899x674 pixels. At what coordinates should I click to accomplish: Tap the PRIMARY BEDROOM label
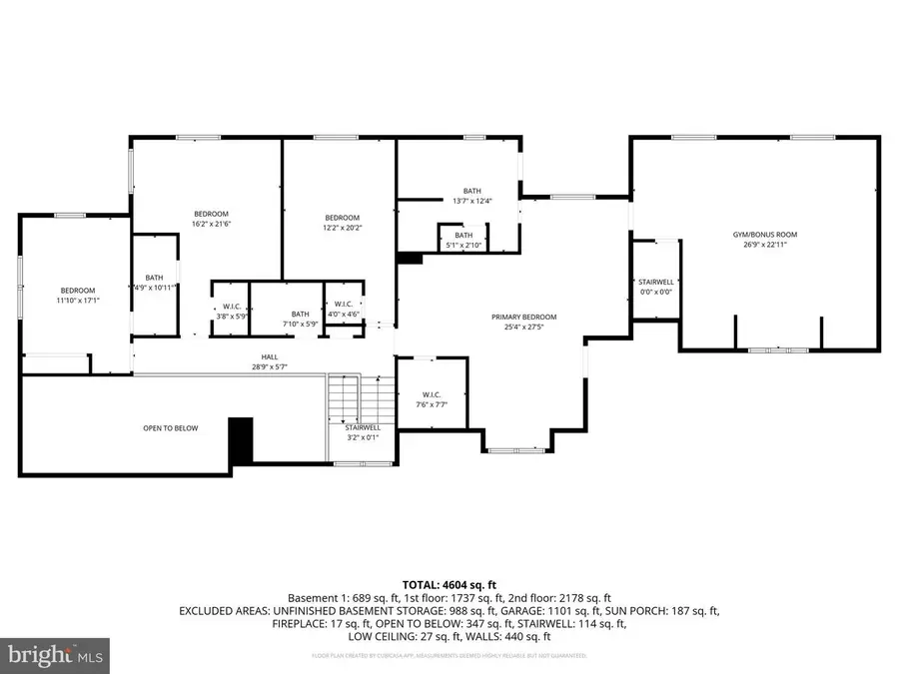click(x=523, y=317)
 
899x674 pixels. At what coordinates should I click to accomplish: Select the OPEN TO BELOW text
click(x=170, y=428)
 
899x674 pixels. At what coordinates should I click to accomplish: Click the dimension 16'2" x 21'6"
click(x=211, y=225)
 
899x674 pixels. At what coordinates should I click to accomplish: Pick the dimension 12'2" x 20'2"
click(x=342, y=229)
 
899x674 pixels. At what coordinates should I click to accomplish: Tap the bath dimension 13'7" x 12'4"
click(x=472, y=201)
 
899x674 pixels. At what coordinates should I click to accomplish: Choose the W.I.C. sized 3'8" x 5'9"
click(x=232, y=312)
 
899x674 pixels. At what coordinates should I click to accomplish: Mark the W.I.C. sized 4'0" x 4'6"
click(x=343, y=310)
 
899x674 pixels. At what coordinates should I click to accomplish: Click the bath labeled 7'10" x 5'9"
click(x=301, y=319)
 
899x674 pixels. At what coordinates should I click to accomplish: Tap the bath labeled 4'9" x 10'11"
click(x=154, y=283)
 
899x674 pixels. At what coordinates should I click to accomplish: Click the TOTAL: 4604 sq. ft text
click(x=449, y=584)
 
